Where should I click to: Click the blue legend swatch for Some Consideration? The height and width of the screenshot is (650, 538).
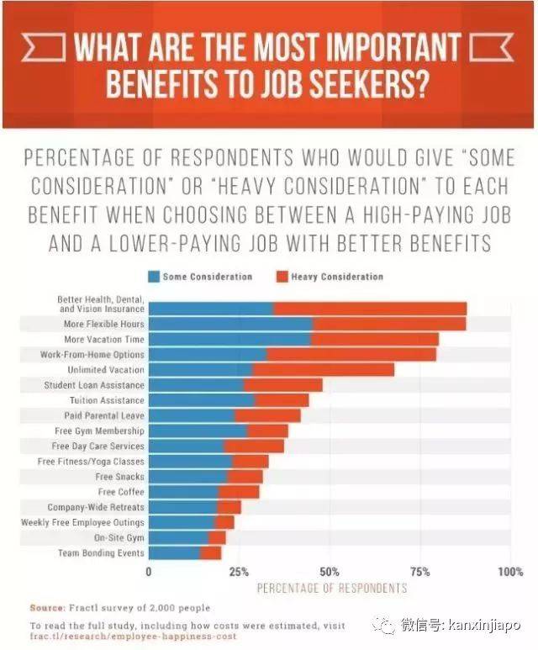155,276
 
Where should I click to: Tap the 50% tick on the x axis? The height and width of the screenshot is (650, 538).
330,572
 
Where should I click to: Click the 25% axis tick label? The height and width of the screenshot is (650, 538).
239,572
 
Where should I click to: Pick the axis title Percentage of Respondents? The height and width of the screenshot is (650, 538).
331,587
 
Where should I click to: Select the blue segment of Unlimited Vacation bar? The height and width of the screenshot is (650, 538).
200,369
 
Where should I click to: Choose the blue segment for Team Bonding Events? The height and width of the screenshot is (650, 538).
174,552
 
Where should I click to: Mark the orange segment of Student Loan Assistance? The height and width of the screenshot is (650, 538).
282,384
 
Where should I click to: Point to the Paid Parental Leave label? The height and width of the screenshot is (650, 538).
104,415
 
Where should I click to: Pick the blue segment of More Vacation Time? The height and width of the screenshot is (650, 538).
229,339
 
